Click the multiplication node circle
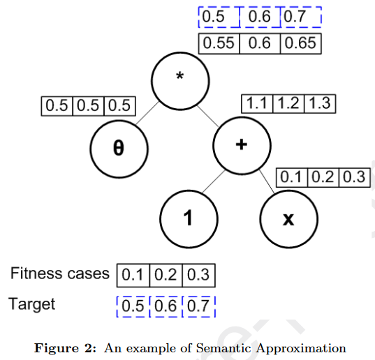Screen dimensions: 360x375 point(181,77)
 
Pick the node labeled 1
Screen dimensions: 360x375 point(188,218)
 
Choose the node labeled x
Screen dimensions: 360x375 point(288,218)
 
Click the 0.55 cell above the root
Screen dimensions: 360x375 point(219,43)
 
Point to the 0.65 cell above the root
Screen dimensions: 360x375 point(300,43)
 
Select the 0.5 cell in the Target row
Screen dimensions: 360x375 point(133,306)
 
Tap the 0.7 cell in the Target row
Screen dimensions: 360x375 point(199,306)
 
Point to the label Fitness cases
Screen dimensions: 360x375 point(59,273)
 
